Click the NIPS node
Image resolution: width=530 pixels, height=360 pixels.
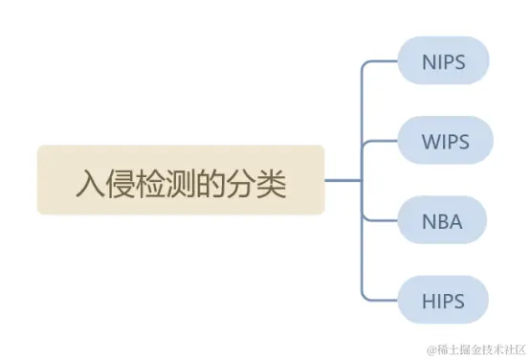click(443, 62)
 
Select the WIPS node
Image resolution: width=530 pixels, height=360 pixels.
click(445, 142)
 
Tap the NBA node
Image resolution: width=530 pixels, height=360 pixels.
click(441, 222)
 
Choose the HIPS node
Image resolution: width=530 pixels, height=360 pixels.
click(443, 301)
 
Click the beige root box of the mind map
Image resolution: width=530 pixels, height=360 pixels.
click(181, 180)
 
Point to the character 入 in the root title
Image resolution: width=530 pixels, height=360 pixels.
click(89, 182)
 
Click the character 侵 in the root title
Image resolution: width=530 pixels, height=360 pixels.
click(120, 182)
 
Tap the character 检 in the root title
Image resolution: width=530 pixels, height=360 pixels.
click(150, 182)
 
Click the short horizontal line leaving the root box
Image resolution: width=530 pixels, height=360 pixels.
click(342, 180)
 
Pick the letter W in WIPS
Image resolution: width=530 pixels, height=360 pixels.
click(430, 142)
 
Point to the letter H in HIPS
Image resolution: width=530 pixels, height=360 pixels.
click(428, 301)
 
